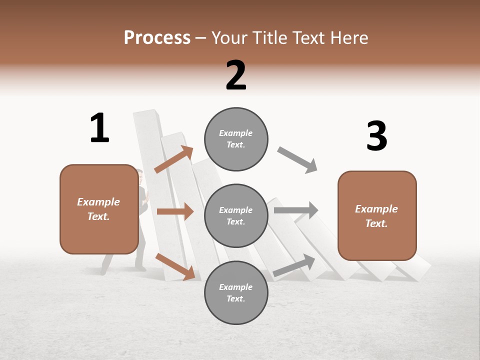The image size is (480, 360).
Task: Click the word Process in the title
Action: coord(157,37)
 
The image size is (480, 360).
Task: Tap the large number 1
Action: coord(99,128)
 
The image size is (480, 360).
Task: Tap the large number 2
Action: coord(236,75)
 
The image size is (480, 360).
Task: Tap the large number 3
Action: coord(376,136)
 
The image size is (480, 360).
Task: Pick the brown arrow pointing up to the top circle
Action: coord(173,160)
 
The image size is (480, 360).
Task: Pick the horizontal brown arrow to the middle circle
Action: coord(175,211)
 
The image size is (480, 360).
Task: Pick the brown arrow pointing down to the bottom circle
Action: coord(175,266)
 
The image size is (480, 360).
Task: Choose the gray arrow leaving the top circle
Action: coord(297,160)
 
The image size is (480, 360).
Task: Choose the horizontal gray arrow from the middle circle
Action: coord(296,210)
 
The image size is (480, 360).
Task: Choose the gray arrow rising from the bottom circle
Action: coord(294,265)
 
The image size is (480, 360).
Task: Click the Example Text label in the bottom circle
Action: coord(236,292)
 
